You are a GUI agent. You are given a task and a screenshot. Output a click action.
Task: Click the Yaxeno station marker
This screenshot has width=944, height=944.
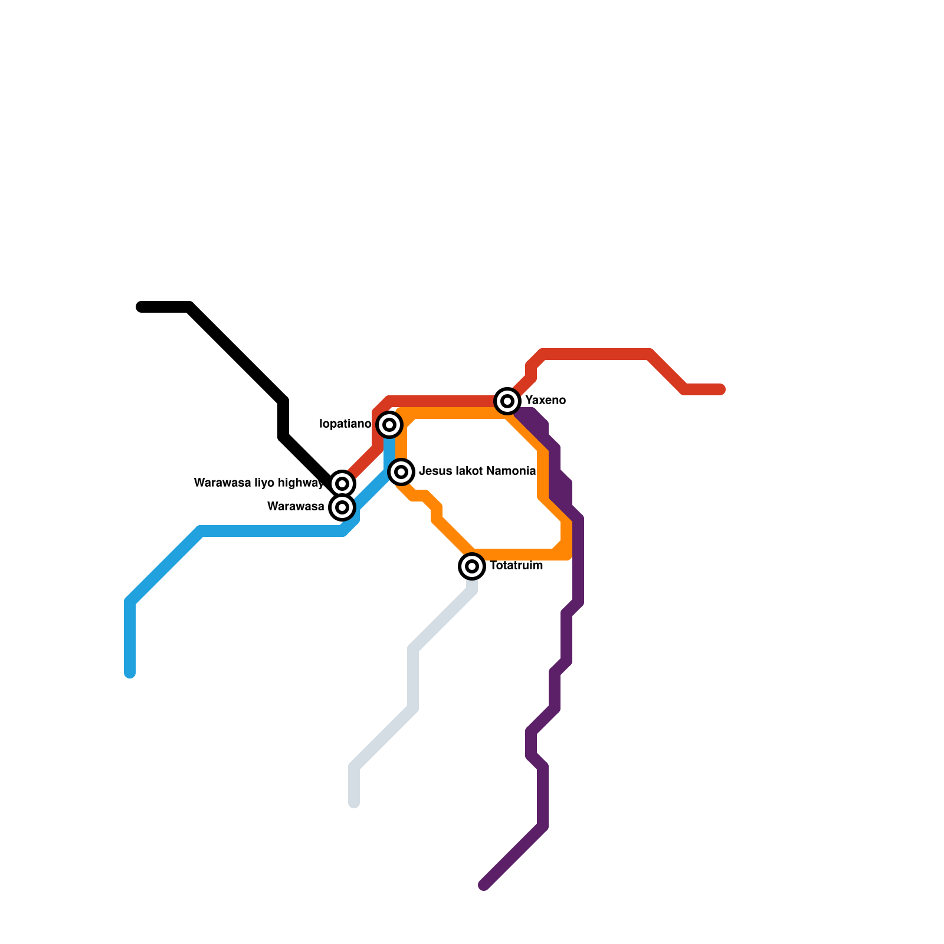coord(507,401)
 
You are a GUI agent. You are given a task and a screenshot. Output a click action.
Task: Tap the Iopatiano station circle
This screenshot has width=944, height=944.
coord(389,425)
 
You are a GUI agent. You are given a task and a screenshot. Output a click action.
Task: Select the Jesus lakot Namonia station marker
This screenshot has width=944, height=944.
coord(401,472)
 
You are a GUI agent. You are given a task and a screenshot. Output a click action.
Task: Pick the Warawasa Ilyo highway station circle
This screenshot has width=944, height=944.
coord(342,484)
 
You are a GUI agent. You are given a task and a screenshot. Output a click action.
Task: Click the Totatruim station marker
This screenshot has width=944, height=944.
coord(472,566)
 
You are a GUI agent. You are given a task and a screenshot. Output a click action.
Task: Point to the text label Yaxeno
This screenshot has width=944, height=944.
coord(545,401)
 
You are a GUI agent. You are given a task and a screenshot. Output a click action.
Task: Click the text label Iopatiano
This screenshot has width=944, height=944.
coord(345,424)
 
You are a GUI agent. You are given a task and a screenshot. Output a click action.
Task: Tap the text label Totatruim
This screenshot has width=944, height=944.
coord(516,566)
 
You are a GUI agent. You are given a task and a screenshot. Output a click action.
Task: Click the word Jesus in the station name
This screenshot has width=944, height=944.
coord(435,471)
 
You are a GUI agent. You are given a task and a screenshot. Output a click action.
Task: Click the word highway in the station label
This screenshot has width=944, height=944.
coord(301,483)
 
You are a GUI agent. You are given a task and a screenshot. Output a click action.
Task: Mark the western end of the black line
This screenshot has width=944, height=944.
coord(141,307)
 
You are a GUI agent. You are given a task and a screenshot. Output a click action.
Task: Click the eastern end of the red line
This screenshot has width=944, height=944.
coord(720,389)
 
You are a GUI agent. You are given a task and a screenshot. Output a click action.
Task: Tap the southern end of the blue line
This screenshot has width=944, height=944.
coord(130,673)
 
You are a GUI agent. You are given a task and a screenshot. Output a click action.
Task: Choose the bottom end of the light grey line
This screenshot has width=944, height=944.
coord(354,803)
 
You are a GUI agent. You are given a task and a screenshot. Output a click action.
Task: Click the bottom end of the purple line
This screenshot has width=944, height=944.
coord(484,885)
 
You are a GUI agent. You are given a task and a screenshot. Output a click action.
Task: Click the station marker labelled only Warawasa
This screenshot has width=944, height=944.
coord(342,507)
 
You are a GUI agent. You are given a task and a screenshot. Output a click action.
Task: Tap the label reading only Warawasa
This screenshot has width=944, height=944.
coord(296,507)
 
